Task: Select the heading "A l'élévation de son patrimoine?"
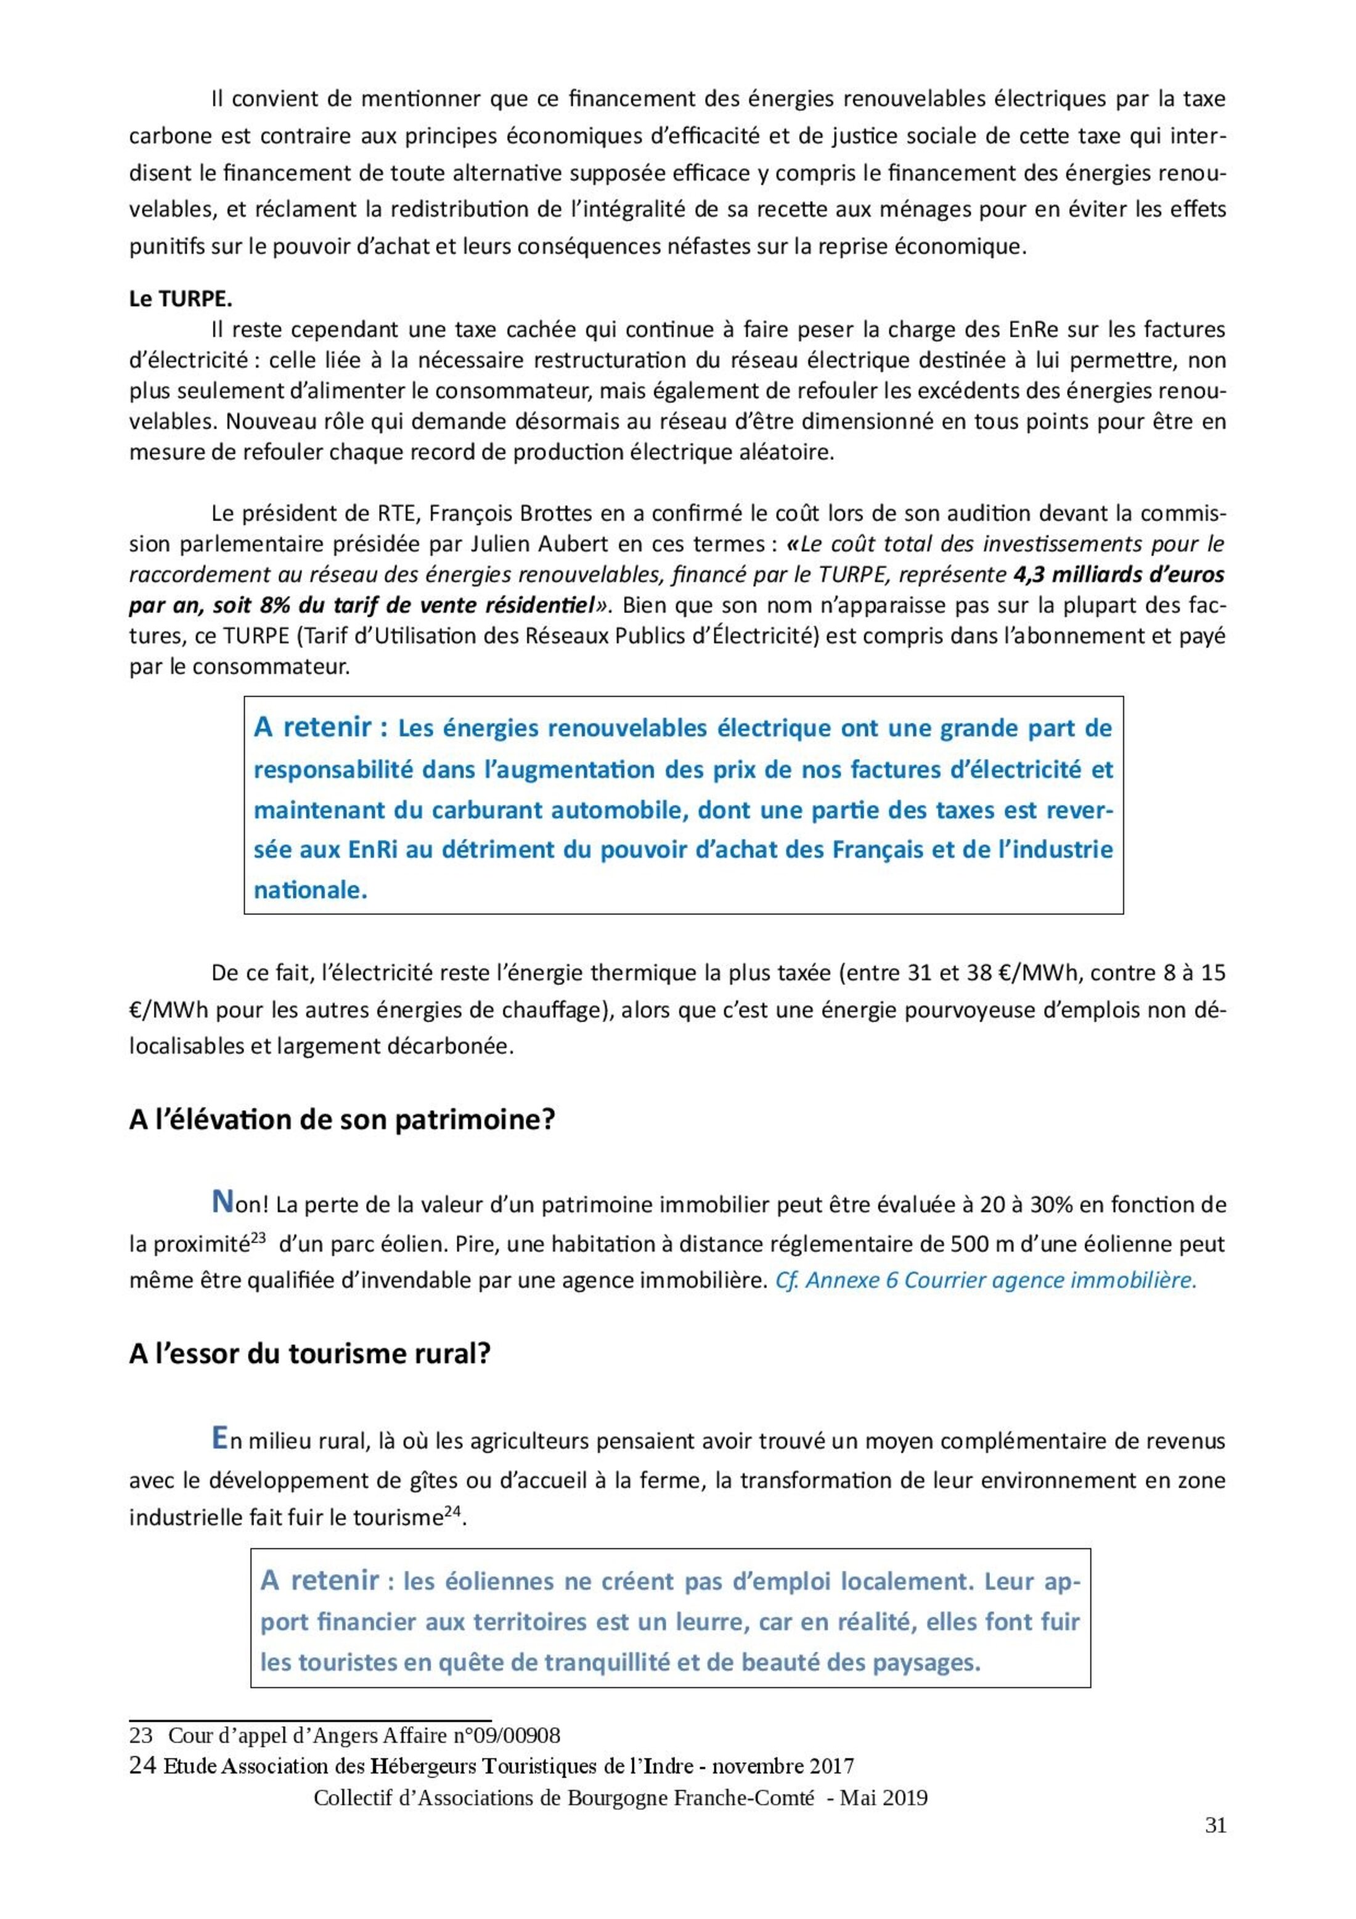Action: [x=341, y=1119]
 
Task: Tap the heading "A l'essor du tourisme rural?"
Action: [x=309, y=1353]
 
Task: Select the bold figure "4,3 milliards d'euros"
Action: [x=1118, y=575]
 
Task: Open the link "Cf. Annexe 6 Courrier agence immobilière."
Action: [x=986, y=1280]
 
